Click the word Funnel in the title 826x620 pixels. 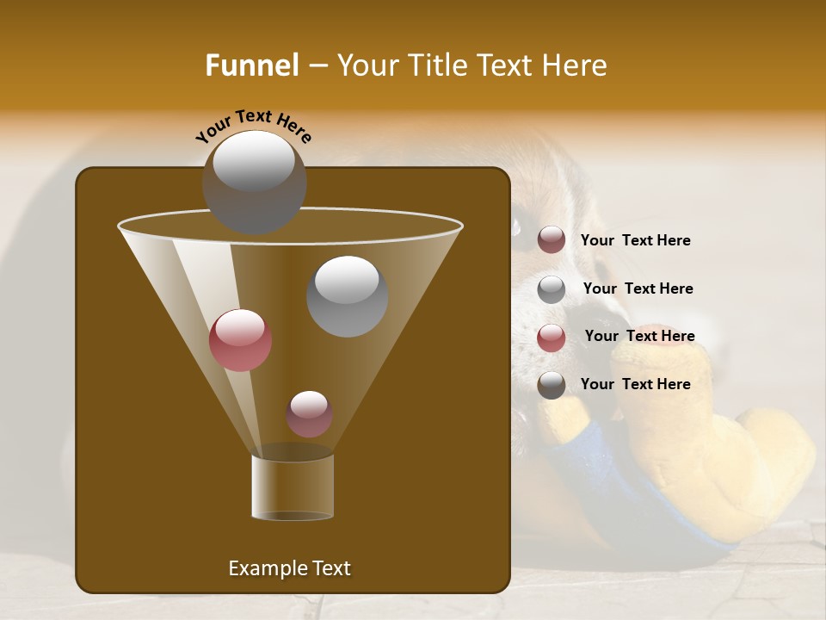point(252,65)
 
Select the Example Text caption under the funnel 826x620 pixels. point(290,568)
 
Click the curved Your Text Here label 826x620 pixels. point(254,125)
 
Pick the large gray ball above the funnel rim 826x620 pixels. point(254,182)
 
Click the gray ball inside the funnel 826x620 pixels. point(347,296)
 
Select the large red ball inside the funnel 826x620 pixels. point(240,340)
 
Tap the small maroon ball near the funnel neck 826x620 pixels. point(309,413)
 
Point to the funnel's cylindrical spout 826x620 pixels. point(293,487)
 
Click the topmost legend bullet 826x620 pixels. point(552,240)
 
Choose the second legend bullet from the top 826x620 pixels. point(552,289)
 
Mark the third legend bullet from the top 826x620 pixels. point(552,338)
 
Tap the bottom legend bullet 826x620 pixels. point(552,385)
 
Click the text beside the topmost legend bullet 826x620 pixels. point(635,240)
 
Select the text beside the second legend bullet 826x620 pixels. point(638,288)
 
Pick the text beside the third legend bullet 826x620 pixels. point(639,336)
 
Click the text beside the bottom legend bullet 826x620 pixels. point(635,384)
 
